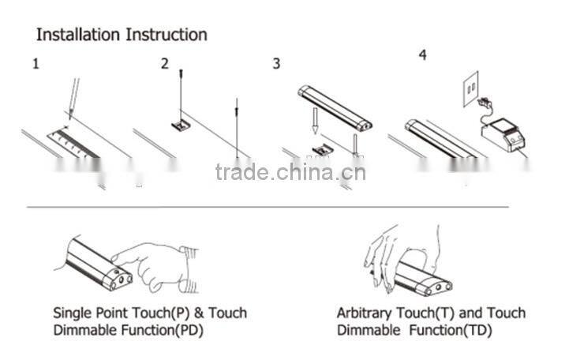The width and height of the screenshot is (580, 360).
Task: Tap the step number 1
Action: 36,64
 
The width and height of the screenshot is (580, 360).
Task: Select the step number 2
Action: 165,64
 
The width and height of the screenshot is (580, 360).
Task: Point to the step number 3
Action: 276,64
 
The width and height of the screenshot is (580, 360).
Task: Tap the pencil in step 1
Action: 73,99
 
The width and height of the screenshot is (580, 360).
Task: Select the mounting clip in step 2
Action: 181,124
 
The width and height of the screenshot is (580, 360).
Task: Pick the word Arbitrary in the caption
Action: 364,313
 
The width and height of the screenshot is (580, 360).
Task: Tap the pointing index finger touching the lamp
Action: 130,255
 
